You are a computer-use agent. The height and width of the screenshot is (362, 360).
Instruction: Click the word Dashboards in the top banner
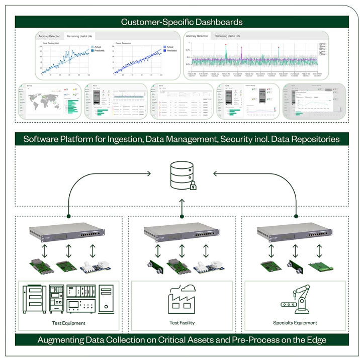pyautogui.click(x=219, y=22)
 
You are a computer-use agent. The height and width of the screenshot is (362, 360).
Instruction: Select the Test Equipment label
pyautogui.click(x=68, y=323)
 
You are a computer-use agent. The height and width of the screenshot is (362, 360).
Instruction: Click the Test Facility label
pyautogui.click(x=182, y=323)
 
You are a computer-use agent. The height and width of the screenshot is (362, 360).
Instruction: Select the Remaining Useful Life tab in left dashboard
pyautogui.click(x=80, y=36)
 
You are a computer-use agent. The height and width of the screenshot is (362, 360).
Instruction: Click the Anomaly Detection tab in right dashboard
pyautogui.click(x=197, y=36)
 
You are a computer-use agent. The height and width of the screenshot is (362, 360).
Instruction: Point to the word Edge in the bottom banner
pyautogui.click(x=317, y=340)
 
